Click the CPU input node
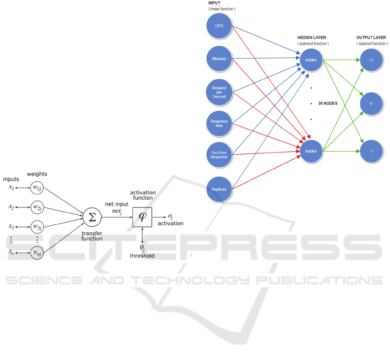pos(219,26)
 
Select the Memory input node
pos(219,58)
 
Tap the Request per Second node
pos(219,92)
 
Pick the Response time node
pos(219,123)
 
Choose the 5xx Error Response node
pos(219,154)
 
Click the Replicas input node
pos(219,189)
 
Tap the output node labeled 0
pos(371,104)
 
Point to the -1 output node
pos(371,151)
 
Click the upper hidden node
pos(311,59)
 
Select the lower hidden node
pos(311,151)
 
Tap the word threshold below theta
pos(142,256)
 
